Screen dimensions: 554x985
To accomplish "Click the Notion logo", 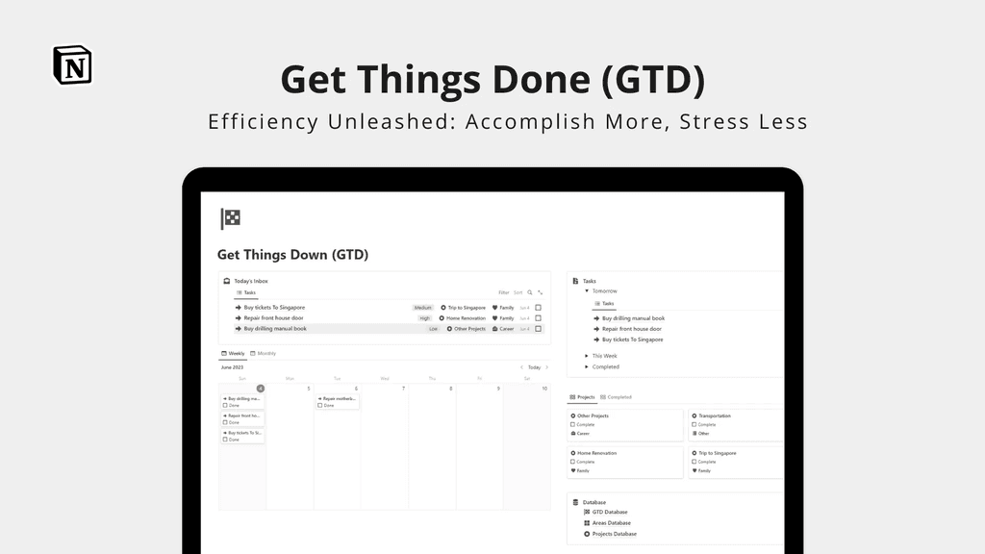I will (x=72, y=64).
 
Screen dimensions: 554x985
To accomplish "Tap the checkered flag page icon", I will (x=231, y=218).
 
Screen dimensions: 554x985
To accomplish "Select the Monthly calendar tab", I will (x=264, y=353).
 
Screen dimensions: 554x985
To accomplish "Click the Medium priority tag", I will (x=422, y=308).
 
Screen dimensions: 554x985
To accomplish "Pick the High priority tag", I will (x=424, y=318).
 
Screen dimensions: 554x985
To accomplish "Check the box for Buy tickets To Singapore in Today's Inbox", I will (x=539, y=308).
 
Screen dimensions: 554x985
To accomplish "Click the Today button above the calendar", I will (x=534, y=367).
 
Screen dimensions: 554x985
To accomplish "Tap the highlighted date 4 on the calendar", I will (x=260, y=389).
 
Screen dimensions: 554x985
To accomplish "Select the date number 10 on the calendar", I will (x=544, y=389).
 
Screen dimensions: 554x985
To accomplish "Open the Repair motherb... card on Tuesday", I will (x=338, y=398).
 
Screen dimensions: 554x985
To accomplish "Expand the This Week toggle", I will (x=588, y=356).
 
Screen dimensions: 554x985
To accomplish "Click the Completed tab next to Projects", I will (x=619, y=397).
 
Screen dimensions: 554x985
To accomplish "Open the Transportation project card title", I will (x=714, y=416).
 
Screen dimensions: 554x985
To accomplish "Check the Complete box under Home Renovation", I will (x=573, y=462).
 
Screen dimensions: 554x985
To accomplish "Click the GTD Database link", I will (x=609, y=513).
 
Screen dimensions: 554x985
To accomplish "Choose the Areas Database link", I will (x=611, y=523).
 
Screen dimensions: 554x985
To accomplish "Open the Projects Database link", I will (x=614, y=534).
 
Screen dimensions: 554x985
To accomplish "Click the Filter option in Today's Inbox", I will (x=503, y=292).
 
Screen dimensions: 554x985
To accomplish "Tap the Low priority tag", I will (x=433, y=329).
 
